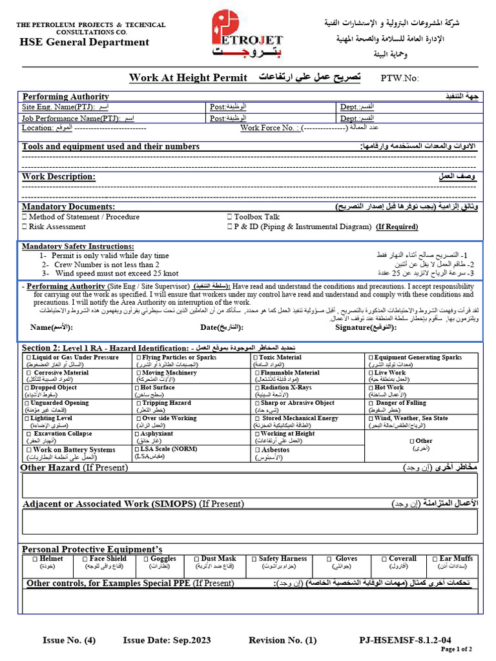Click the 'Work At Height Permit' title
(x=188, y=78)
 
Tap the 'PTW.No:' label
(x=400, y=78)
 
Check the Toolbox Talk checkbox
(x=230, y=218)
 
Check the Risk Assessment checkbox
(x=25, y=227)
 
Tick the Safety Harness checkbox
(x=254, y=559)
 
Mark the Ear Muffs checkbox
(x=435, y=559)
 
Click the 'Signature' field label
(x=365, y=327)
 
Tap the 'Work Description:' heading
(x=59, y=177)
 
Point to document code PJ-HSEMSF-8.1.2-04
(x=406, y=640)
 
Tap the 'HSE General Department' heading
(x=84, y=43)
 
